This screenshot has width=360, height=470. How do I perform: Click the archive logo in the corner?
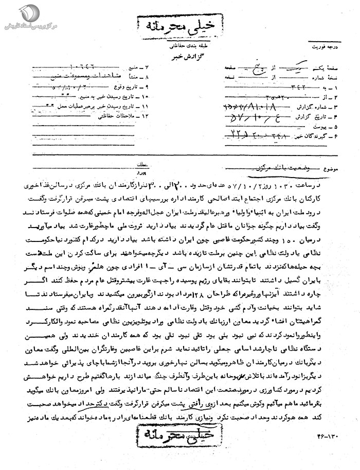coord(13,13)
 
